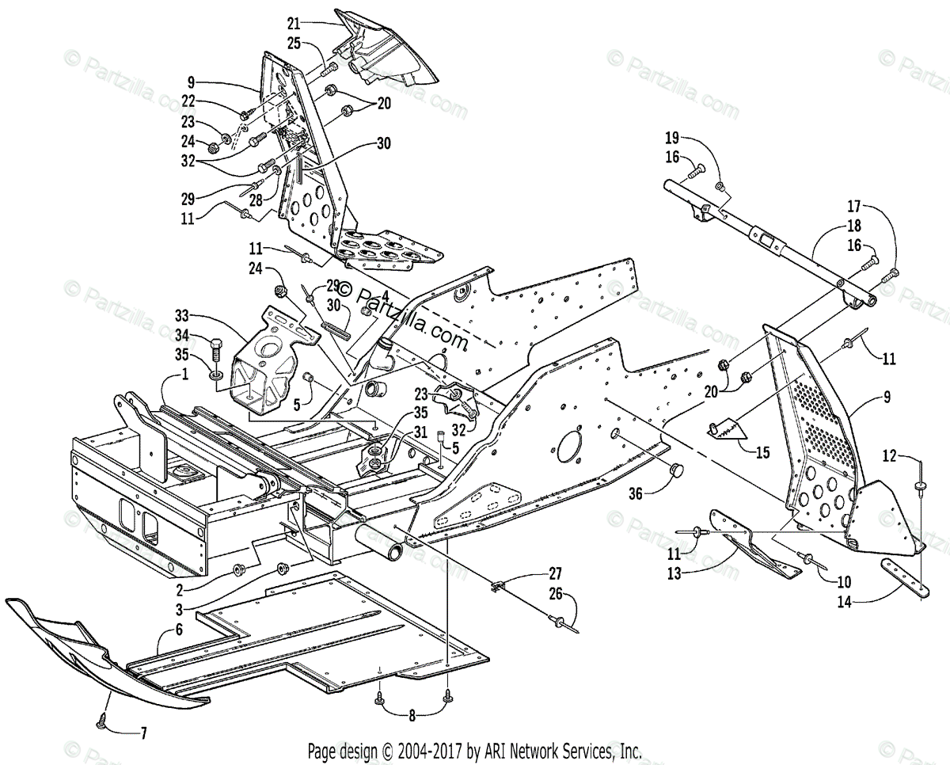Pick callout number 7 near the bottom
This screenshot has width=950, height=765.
[142, 733]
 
